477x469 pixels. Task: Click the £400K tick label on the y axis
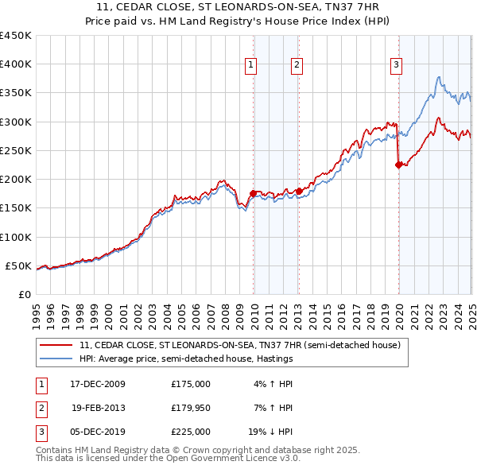click(16, 64)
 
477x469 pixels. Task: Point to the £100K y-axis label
click(16, 237)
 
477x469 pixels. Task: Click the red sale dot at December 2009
click(254, 193)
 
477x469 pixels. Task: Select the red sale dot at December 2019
click(398, 165)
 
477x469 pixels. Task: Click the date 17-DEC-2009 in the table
click(99, 384)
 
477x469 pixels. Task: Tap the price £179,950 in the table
click(191, 408)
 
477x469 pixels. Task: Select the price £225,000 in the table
click(191, 432)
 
